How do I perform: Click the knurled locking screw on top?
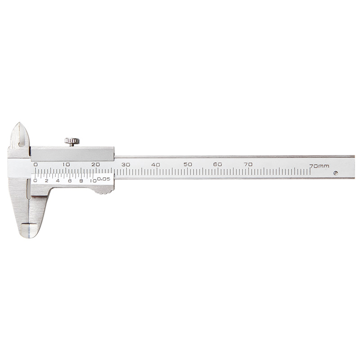(72, 142)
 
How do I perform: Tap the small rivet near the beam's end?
(336, 173)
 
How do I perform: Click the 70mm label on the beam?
(319, 166)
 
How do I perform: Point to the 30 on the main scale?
(126, 165)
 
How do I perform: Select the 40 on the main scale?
(156, 165)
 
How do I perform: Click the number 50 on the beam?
(188, 164)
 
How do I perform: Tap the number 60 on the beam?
(217, 164)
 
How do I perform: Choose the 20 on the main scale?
(95, 165)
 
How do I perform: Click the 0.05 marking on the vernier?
(103, 179)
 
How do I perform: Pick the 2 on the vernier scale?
(47, 181)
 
